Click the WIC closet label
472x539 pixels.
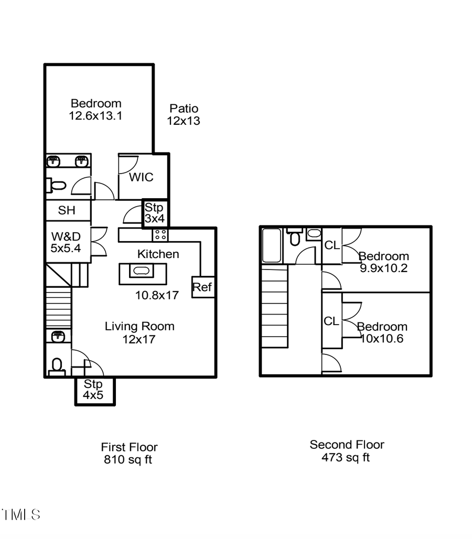[x=142, y=177]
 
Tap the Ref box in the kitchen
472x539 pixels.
[x=202, y=287]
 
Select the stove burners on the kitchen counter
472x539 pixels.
[x=160, y=235]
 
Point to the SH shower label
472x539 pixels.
[x=67, y=211]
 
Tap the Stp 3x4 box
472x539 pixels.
[x=155, y=213]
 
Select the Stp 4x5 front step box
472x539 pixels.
[x=94, y=390]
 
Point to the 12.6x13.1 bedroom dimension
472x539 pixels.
[x=95, y=116]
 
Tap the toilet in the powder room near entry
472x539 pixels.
[x=57, y=365]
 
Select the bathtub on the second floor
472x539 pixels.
[x=272, y=245]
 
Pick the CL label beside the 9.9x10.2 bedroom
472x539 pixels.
[x=331, y=245]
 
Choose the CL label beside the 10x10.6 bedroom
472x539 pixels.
[x=331, y=321]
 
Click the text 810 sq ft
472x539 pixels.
[x=128, y=460]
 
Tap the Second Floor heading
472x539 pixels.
[x=347, y=445]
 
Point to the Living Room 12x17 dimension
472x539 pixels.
[x=139, y=339]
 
